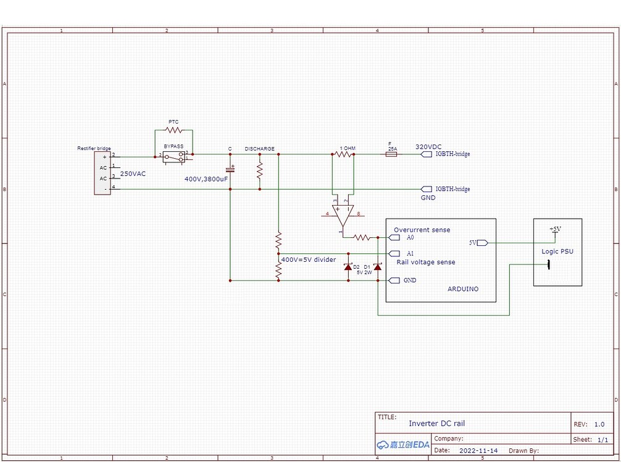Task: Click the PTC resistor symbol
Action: coord(173,130)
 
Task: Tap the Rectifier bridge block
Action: coord(102,173)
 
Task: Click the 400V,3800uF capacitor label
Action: coord(206,178)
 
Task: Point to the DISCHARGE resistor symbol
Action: coord(260,171)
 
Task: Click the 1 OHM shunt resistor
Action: coord(343,154)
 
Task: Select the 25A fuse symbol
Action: coord(390,154)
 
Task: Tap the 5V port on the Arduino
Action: coord(481,243)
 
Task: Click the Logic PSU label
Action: coord(557,251)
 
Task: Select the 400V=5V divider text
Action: coord(308,259)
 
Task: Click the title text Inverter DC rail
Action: coord(436,423)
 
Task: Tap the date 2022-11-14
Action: coord(478,451)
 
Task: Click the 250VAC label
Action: coord(133,174)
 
